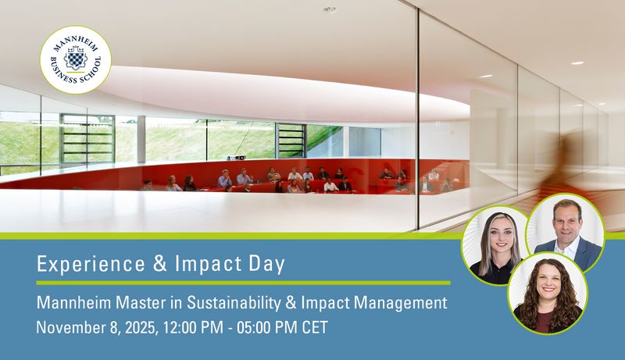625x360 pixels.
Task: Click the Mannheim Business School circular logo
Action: (x=76, y=60)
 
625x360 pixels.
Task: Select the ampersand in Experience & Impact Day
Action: (x=161, y=264)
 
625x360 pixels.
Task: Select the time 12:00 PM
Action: (x=193, y=327)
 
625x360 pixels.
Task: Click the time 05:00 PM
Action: (x=267, y=327)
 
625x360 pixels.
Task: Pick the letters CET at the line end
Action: (x=315, y=327)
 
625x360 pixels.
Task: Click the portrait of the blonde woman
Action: (x=495, y=246)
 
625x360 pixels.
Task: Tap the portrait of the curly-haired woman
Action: (x=548, y=294)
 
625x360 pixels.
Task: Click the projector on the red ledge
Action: (x=237, y=158)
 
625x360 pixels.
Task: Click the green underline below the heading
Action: (x=243, y=283)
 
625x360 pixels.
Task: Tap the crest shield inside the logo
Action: (x=75, y=59)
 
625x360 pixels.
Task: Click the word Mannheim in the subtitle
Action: (x=73, y=303)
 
